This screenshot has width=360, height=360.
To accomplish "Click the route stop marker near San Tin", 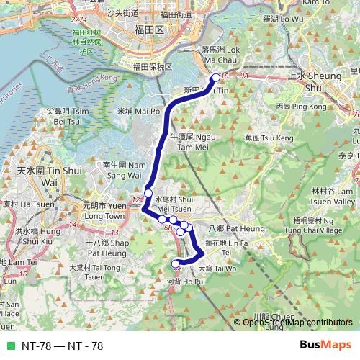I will coord(215,78).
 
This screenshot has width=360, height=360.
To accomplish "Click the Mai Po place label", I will coord(138,112).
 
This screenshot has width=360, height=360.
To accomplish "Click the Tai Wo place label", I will coord(223,267).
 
